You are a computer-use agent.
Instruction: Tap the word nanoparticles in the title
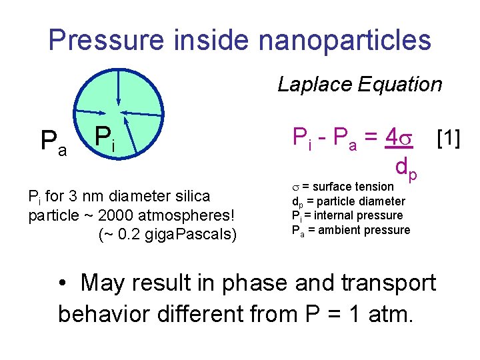tap(345, 39)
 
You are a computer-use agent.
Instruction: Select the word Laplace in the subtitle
tap(315, 85)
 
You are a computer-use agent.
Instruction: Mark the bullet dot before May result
tap(63, 284)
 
